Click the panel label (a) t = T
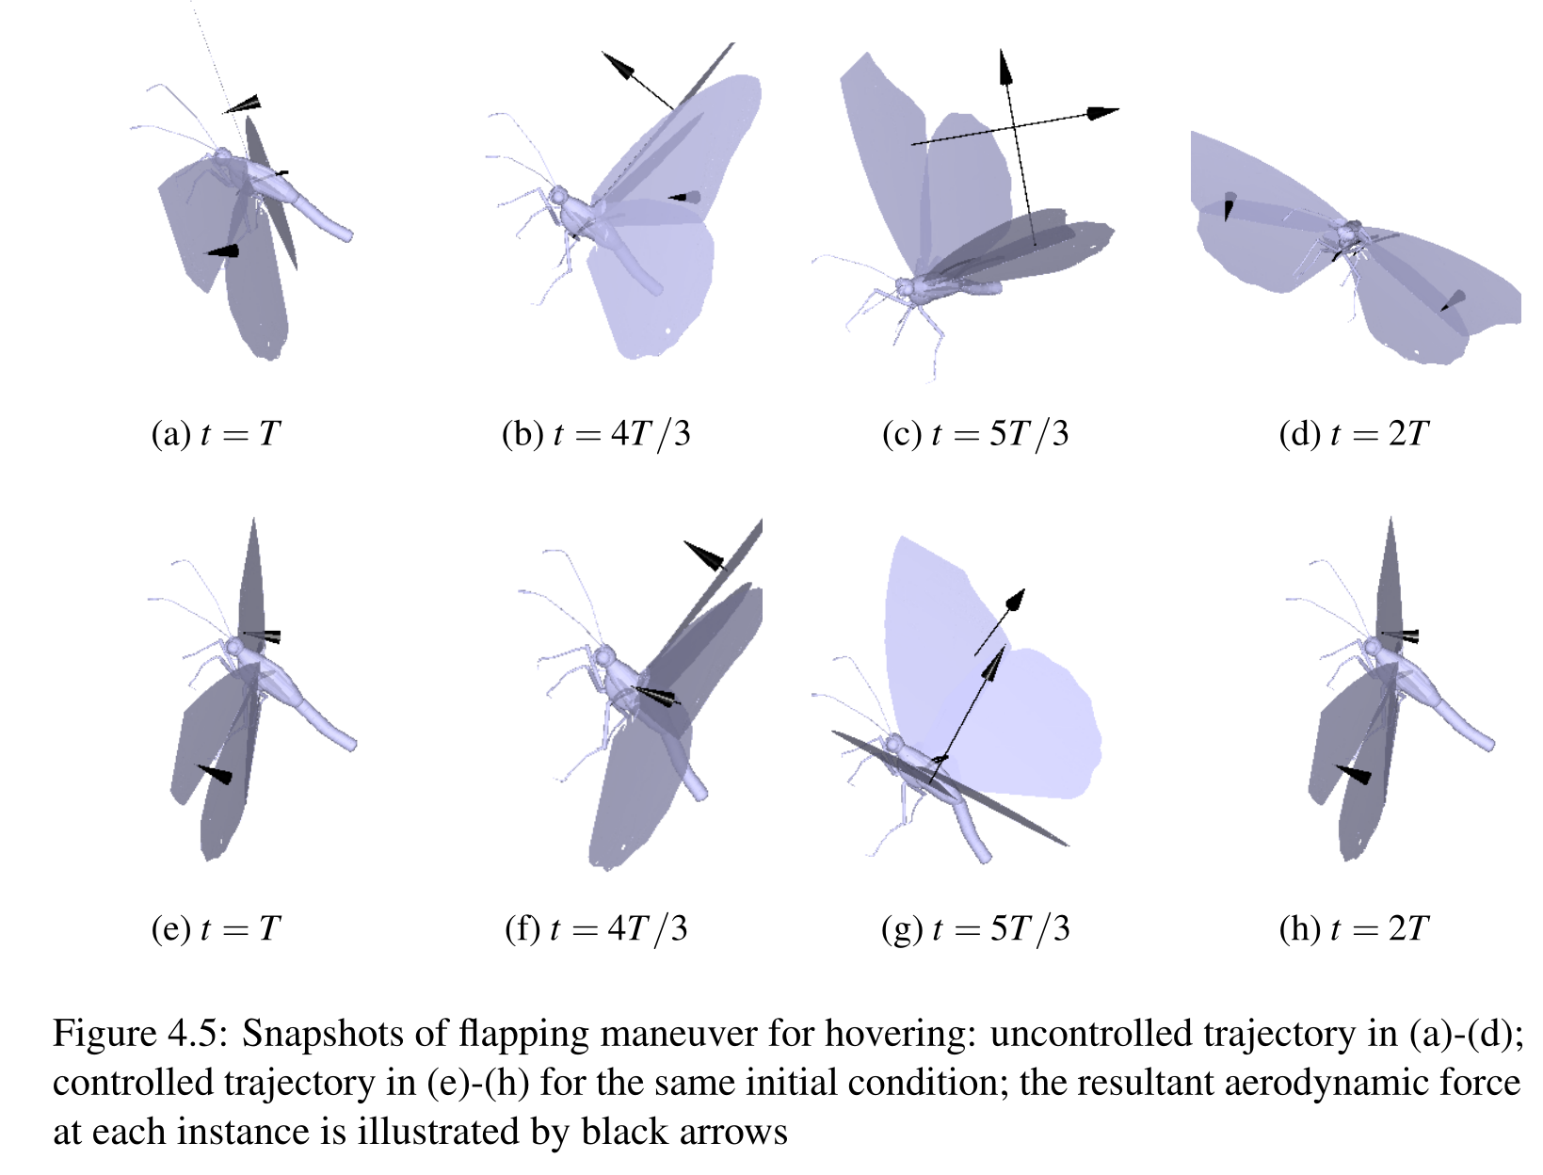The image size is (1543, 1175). pyautogui.click(x=217, y=434)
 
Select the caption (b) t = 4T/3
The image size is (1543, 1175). pyautogui.click(x=596, y=434)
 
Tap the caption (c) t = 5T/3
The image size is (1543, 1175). pyautogui.click(x=975, y=434)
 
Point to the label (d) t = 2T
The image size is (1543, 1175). pyautogui.click(x=1354, y=434)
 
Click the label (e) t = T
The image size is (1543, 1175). pyautogui.click(x=217, y=928)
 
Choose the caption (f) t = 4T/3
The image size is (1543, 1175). pyautogui.click(x=596, y=928)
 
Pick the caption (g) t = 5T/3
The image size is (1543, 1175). pyautogui.click(x=975, y=928)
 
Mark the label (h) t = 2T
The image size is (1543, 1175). pyautogui.click(x=1354, y=928)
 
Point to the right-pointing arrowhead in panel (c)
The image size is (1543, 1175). pyautogui.click(x=1102, y=113)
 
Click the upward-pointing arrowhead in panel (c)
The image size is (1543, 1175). pyautogui.click(x=1006, y=68)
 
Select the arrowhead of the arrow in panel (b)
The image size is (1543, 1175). pyautogui.click(x=618, y=65)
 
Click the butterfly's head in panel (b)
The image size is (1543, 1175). pyautogui.click(x=559, y=196)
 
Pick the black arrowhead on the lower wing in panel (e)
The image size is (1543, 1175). pyautogui.click(x=215, y=773)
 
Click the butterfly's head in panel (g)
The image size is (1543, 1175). pyautogui.click(x=894, y=744)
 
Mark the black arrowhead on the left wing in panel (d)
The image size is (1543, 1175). pyautogui.click(x=1229, y=206)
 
